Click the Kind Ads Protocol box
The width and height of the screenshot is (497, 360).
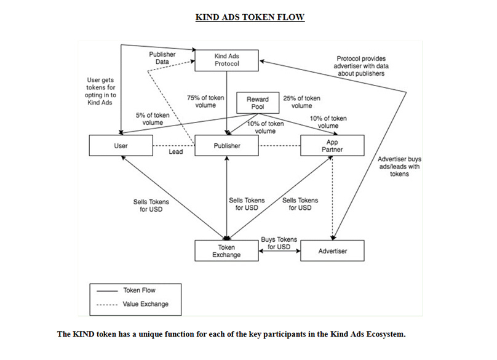coord(226,60)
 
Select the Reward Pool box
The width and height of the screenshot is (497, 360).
coord(258,103)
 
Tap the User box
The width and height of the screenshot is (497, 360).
coord(121,146)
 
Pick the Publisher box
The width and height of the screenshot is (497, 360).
coord(226,146)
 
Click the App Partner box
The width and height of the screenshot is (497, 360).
coord(332,146)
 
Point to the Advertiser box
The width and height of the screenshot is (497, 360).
coord(332,251)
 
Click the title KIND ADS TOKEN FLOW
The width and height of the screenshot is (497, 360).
coord(250,17)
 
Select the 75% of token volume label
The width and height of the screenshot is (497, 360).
coord(205,102)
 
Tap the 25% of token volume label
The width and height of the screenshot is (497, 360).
coord(301,102)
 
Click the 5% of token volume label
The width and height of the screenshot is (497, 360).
coord(153,119)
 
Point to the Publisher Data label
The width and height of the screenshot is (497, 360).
coord(162,58)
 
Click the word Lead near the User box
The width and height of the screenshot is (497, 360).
coord(175,152)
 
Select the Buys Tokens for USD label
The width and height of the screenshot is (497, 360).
coord(279,243)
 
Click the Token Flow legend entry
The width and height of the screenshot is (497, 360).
coord(139,290)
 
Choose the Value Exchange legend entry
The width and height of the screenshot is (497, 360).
coord(145,304)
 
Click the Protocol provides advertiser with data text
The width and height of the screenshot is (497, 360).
coord(361,66)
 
